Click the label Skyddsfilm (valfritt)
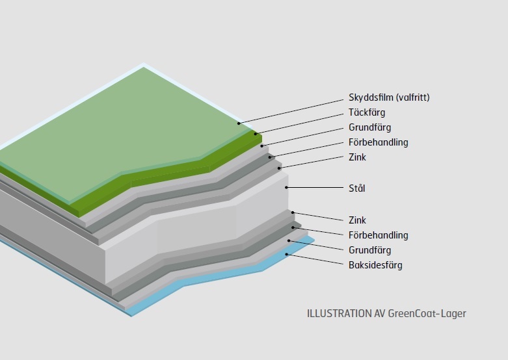389,97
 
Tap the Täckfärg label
367,112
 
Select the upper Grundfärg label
370,127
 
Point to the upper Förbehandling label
379,142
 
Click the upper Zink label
357,157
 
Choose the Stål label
356,188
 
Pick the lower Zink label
357,220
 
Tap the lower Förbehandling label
379,235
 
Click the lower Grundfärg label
370,250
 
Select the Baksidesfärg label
375,265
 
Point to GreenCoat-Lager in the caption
427,313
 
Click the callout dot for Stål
286,187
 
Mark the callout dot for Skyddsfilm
239,123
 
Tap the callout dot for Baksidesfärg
286,255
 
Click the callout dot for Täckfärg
255,134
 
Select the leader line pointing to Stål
315,187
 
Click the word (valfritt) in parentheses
413,97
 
